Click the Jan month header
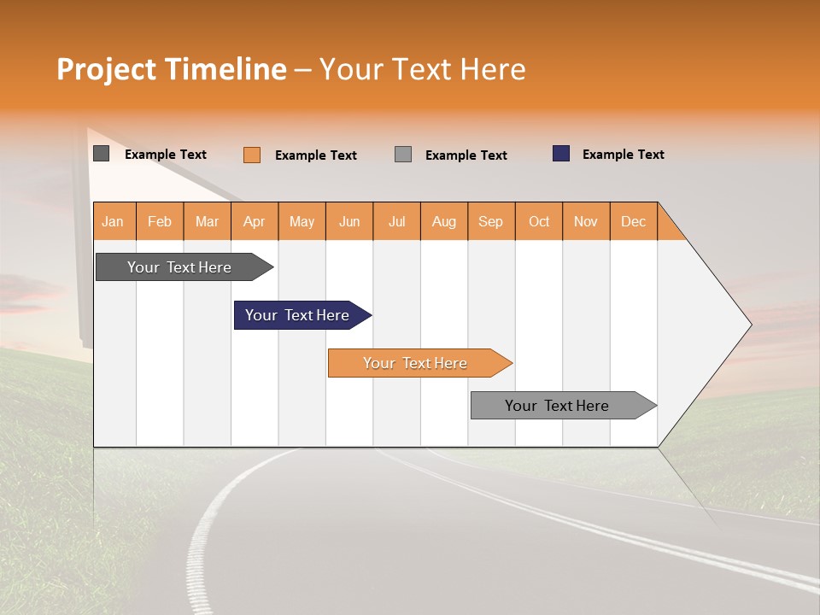(114, 221)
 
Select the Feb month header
(160, 221)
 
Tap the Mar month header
(207, 221)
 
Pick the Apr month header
(255, 221)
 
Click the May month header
(302, 221)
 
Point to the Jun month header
(349, 221)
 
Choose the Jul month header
(396, 221)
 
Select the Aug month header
(444, 221)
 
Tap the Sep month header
(491, 221)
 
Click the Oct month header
(539, 221)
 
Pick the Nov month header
(586, 221)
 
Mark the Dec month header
(634, 221)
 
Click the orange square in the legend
(252, 155)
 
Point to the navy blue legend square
(561, 154)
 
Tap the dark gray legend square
(102, 154)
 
